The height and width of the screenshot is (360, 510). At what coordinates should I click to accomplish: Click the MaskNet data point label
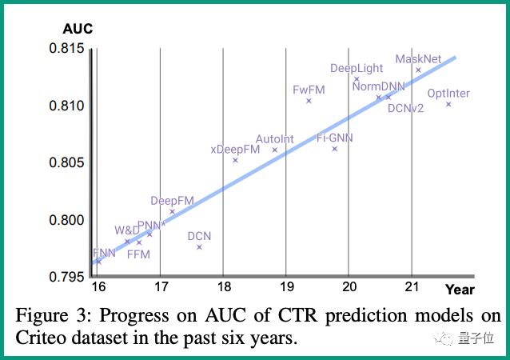pyautogui.click(x=418, y=59)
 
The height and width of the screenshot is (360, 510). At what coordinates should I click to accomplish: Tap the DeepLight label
pyautogui.click(x=356, y=68)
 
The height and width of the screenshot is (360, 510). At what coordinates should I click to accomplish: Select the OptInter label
pyautogui.click(x=448, y=94)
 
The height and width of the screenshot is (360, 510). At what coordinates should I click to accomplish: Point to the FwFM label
pyautogui.click(x=309, y=90)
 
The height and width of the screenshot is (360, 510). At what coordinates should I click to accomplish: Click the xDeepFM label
pyautogui.click(x=235, y=149)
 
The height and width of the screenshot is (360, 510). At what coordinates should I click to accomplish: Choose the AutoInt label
pyautogui.click(x=275, y=139)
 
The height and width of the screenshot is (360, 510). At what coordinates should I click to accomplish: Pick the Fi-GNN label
pyautogui.click(x=335, y=138)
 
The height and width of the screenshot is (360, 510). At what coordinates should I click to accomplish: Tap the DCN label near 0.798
pyautogui.click(x=199, y=236)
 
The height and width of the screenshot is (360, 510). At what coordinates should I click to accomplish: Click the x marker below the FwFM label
pyautogui.click(x=309, y=101)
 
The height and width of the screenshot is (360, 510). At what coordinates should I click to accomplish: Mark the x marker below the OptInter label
pyautogui.click(x=448, y=104)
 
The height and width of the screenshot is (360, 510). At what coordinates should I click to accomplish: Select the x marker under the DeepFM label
pyautogui.click(x=172, y=212)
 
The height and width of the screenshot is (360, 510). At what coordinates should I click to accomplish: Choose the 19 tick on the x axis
pyautogui.click(x=286, y=287)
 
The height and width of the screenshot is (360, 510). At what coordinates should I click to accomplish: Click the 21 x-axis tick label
pyautogui.click(x=412, y=287)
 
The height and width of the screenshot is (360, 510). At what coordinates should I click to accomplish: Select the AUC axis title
pyautogui.click(x=78, y=30)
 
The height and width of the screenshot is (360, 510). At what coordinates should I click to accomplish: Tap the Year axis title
pyautogui.click(x=460, y=290)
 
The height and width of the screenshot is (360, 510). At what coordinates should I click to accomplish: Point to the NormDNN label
pyautogui.click(x=378, y=86)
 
